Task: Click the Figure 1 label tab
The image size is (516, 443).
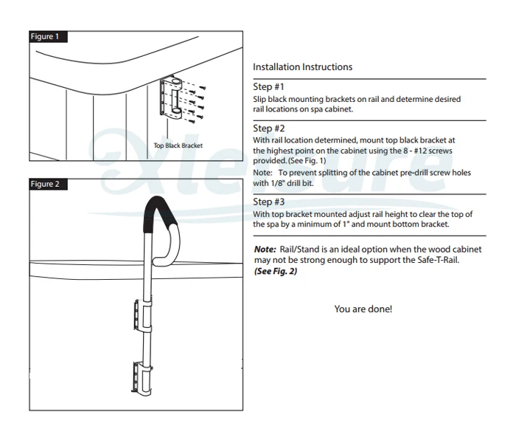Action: pyautogui.click(x=45, y=36)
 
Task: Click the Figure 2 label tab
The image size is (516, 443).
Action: pyautogui.click(x=45, y=184)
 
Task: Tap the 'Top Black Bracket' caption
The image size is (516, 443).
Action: pyautogui.click(x=178, y=145)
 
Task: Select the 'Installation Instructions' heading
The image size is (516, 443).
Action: pyautogui.click(x=302, y=67)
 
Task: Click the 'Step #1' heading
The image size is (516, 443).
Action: pyautogui.click(x=268, y=87)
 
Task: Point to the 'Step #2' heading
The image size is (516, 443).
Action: pyautogui.click(x=268, y=128)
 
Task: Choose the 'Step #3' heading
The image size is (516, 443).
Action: pyautogui.click(x=268, y=202)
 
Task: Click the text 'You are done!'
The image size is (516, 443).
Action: pyautogui.click(x=363, y=309)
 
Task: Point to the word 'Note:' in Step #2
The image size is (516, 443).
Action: pyautogui.click(x=263, y=172)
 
